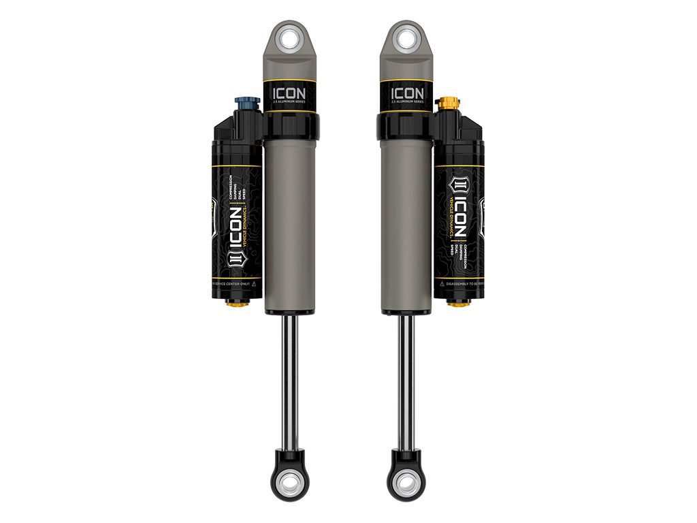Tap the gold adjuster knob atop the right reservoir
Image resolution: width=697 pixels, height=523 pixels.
pyautogui.click(x=449, y=104)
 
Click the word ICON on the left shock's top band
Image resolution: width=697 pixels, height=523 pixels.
pyautogui.click(x=290, y=92)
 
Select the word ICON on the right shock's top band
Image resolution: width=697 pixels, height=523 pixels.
pyautogui.click(x=407, y=92)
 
